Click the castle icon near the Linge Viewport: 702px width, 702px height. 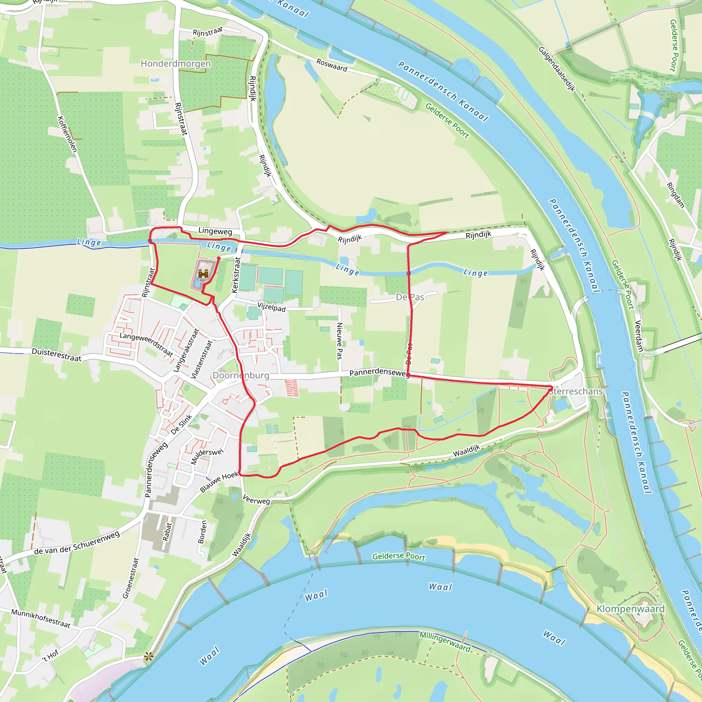click(x=203, y=273)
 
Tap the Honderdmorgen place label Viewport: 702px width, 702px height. click(x=175, y=64)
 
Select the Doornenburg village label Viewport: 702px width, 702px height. click(x=241, y=375)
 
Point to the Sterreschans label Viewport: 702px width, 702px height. click(x=576, y=391)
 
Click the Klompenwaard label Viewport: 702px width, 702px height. click(x=630, y=609)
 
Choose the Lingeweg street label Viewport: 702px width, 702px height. click(x=215, y=231)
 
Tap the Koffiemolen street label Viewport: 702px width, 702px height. click(x=67, y=134)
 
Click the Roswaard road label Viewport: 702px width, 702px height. click(x=332, y=65)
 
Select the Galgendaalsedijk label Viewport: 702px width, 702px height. click(x=557, y=69)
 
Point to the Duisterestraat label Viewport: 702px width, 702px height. click(x=57, y=355)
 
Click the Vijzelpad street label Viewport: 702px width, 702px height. click(x=271, y=307)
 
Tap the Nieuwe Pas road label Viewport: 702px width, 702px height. click(x=340, y=341)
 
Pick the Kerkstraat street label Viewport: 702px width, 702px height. click(x=236, y=275)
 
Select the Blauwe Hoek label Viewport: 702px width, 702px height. click(x=219, y=482)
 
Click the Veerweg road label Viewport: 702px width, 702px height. click(x=256, y=500)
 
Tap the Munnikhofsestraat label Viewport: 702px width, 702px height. click(x=41, y=618)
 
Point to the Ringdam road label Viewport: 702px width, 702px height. click(x=676, y=195)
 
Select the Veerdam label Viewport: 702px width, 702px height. click(x=639, y=336)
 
